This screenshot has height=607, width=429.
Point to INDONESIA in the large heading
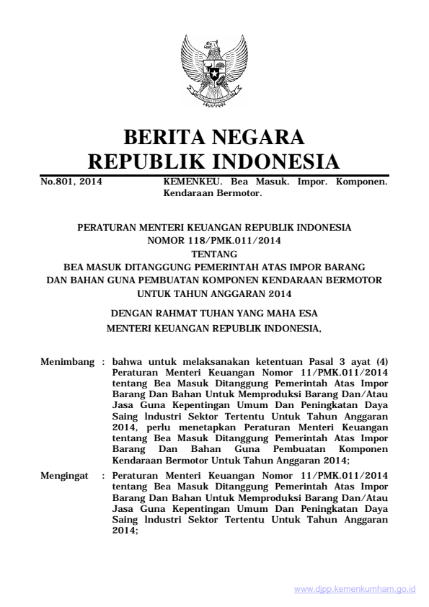pos(280,161)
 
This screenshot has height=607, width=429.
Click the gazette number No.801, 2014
pos(71,183)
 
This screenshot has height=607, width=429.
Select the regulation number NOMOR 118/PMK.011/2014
pos(214,238)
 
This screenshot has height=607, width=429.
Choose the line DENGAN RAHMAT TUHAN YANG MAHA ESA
pos(214,314)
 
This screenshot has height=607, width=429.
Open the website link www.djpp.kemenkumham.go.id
pos(355,588)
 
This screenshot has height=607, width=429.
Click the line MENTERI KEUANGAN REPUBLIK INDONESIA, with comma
pos(214,329)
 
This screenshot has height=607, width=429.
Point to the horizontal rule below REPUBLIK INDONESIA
pos(214,175)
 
